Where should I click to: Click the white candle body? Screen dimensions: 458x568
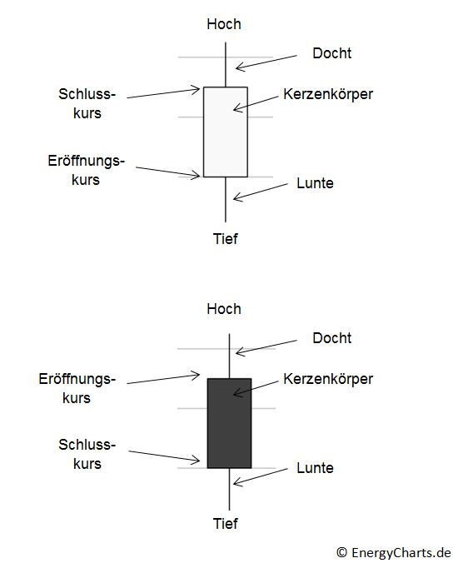pos(225,132)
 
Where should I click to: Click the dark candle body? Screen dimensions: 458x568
pos(229,423)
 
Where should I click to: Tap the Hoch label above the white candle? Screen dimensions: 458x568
pos(224,24)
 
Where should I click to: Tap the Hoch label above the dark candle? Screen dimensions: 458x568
pos(224,309)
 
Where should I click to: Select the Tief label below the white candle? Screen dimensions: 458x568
pos(225,239)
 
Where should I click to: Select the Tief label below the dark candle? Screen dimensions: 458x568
pos(225,524)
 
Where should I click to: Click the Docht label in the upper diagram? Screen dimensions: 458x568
pos(331,53)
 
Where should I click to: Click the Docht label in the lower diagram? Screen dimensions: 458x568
pos(331,338)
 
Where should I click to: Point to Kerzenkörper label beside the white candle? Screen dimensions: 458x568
pos(328,94)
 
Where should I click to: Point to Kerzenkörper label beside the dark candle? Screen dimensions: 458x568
pos(328,379)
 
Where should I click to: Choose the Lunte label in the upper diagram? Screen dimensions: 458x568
pos(315,183)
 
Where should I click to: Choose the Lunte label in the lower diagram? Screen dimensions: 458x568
pos(315,468)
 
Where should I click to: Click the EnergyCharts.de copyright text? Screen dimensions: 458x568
pos(394,553)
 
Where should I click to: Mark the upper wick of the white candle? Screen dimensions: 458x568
pos(226,64)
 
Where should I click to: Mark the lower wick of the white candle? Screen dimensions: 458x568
pos(226,200)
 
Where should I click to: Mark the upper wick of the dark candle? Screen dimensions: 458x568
pos(229,356)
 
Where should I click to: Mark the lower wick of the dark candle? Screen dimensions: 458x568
pos(229,490)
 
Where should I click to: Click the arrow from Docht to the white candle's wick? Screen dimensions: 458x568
pos(266,62)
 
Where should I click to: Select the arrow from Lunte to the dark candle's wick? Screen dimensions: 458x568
pos(261,476)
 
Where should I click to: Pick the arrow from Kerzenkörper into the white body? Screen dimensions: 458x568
pos(256,103)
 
